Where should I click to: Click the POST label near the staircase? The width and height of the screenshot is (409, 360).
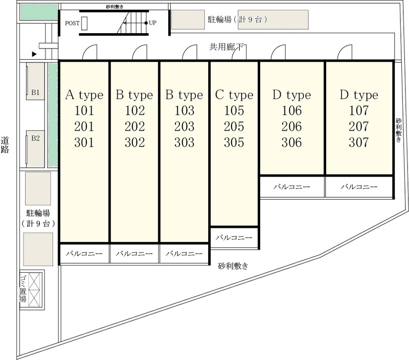click(72, 23)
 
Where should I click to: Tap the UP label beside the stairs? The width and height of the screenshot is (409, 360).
click(152, 22)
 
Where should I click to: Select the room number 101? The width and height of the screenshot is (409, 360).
click(84, 110)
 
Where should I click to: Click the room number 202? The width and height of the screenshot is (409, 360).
click(134, 127)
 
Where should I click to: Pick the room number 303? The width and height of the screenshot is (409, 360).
click(185, 142)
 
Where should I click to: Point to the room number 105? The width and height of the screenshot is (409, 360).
click(234, 110)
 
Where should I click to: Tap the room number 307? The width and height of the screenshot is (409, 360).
click(359, 142)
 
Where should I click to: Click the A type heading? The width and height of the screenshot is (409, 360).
click(84, 95)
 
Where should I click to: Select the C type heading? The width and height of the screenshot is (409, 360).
click(234, 95)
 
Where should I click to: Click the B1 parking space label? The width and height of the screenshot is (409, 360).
click(35, 92)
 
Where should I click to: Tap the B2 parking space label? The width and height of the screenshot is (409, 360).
click(35, 138)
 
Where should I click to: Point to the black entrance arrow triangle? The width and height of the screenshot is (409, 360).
click(34, 54)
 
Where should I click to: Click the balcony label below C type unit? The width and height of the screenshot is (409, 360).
click(234, 237)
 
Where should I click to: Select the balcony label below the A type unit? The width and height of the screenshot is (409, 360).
click(84, 253)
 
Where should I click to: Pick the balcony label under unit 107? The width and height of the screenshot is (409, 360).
click(359, 187)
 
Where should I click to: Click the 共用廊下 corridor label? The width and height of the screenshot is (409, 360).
click(226, 47)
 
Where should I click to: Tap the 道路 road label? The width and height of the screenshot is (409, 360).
click(5, 145)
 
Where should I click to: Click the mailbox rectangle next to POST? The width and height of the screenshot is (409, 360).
click(84, 23)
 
